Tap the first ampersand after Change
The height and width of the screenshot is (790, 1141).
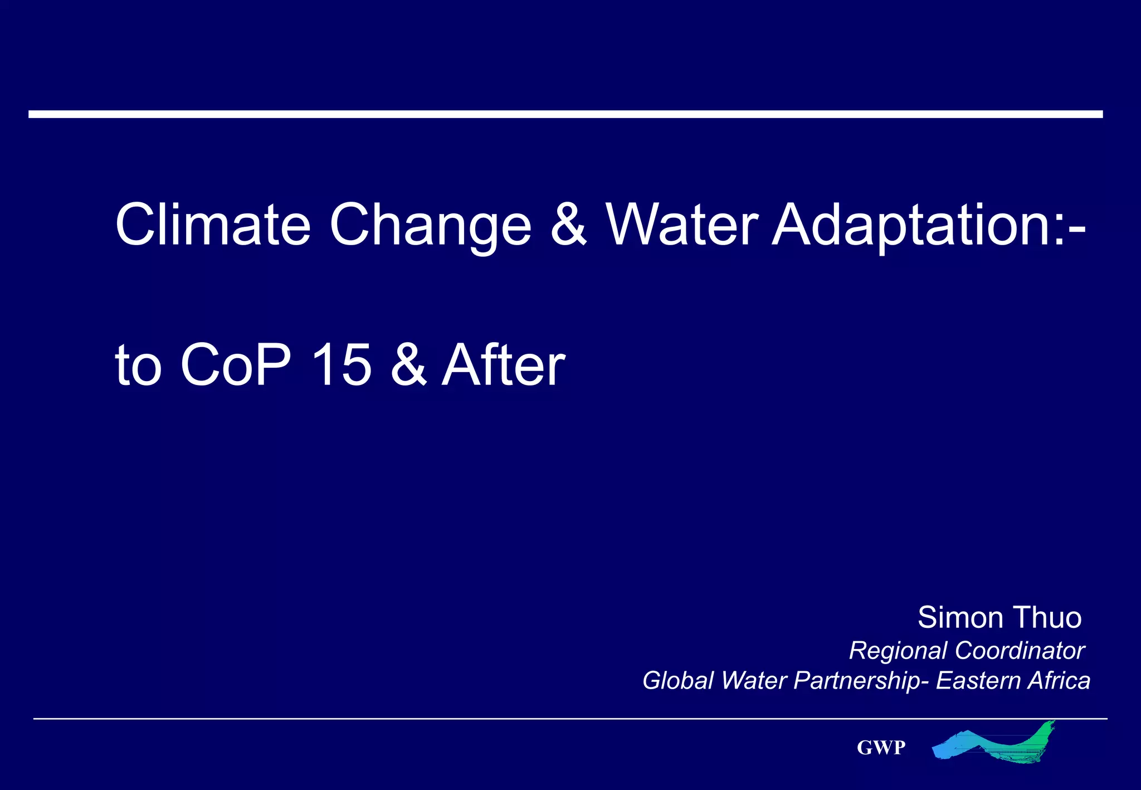(x=568, y=224)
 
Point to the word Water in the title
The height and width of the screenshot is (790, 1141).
(x=682, y=224)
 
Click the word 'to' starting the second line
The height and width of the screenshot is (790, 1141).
(x=138, y=367)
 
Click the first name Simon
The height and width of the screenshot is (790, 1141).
(x=960, y=617)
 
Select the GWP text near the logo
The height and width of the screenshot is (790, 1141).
(x=881, y=748)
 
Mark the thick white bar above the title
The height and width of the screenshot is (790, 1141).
(x=565, y=114)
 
